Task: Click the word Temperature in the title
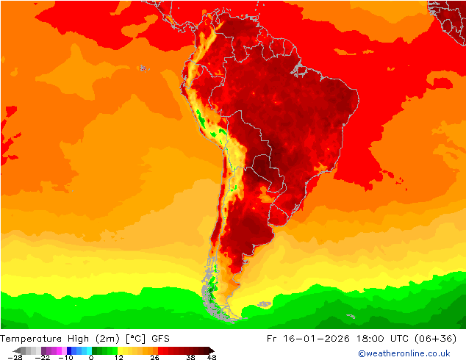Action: point(32,338)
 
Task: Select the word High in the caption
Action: point(79,338)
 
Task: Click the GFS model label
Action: point(162,338)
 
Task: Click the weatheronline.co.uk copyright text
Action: point(404,353)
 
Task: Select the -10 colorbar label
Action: point(66,357)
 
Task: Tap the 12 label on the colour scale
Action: point(119,357)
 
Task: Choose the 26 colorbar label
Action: point(154,357)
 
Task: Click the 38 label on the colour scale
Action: point(190,357)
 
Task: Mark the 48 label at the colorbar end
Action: point(212,357)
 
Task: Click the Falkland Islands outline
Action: point(261,304)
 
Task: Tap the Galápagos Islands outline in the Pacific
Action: point(143,68)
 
